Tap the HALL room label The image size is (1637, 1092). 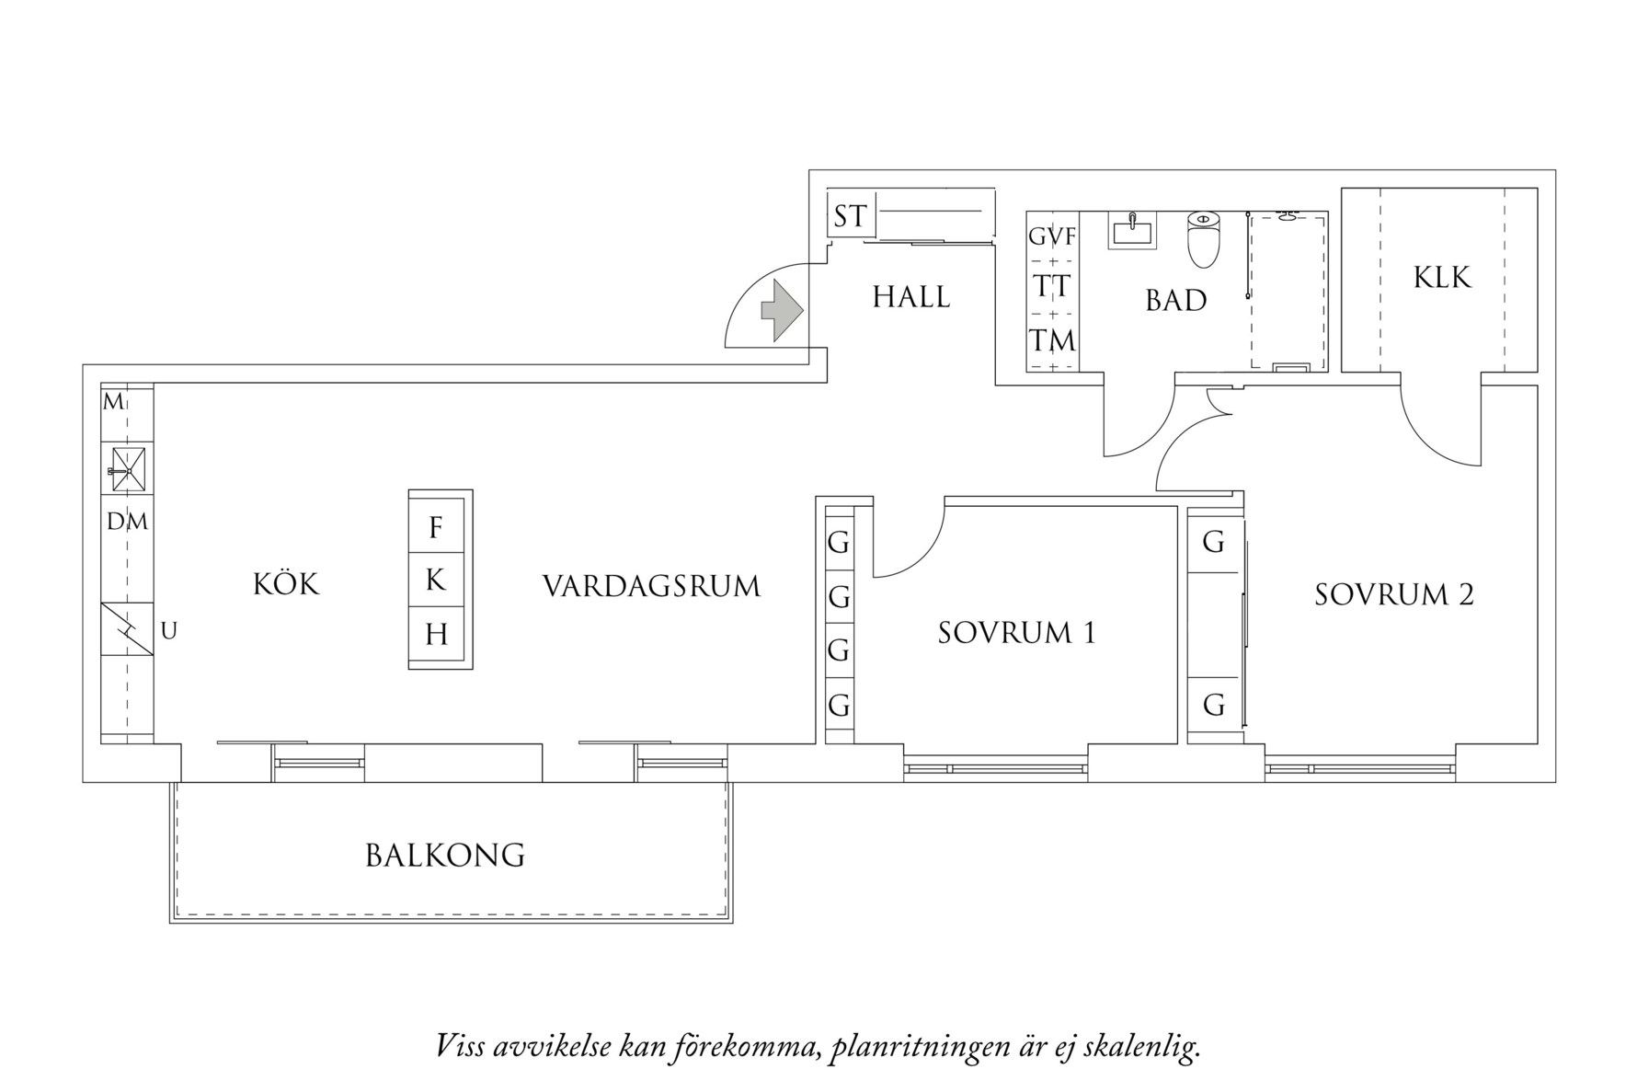[x=910, y=297]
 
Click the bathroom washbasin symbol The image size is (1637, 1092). [x=1133, y=230]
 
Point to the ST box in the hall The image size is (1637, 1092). [x=850, y=217]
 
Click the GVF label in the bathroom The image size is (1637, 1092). [x=1052, y=237]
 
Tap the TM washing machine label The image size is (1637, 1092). [x=1052, y=341]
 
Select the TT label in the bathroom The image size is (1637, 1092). [x=1052, y=287]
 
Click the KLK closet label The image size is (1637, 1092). [x=1442, y=277]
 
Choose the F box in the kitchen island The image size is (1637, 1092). [x=436, y=528]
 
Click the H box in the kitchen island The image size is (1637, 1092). [x=436, y=635]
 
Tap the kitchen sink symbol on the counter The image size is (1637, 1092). [x=127, y=469]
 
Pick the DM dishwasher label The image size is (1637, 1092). [x=127, y=523]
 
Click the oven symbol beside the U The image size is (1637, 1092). [x=127, y=629]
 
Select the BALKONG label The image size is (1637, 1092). [x=445, y=856]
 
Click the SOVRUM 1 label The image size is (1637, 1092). [x=1016, y=633]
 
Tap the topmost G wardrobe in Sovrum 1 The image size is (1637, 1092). [x=839, y=543]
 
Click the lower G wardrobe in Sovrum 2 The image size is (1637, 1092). [x=1214, y=706]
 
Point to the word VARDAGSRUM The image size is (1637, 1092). [x=651, y=586]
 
